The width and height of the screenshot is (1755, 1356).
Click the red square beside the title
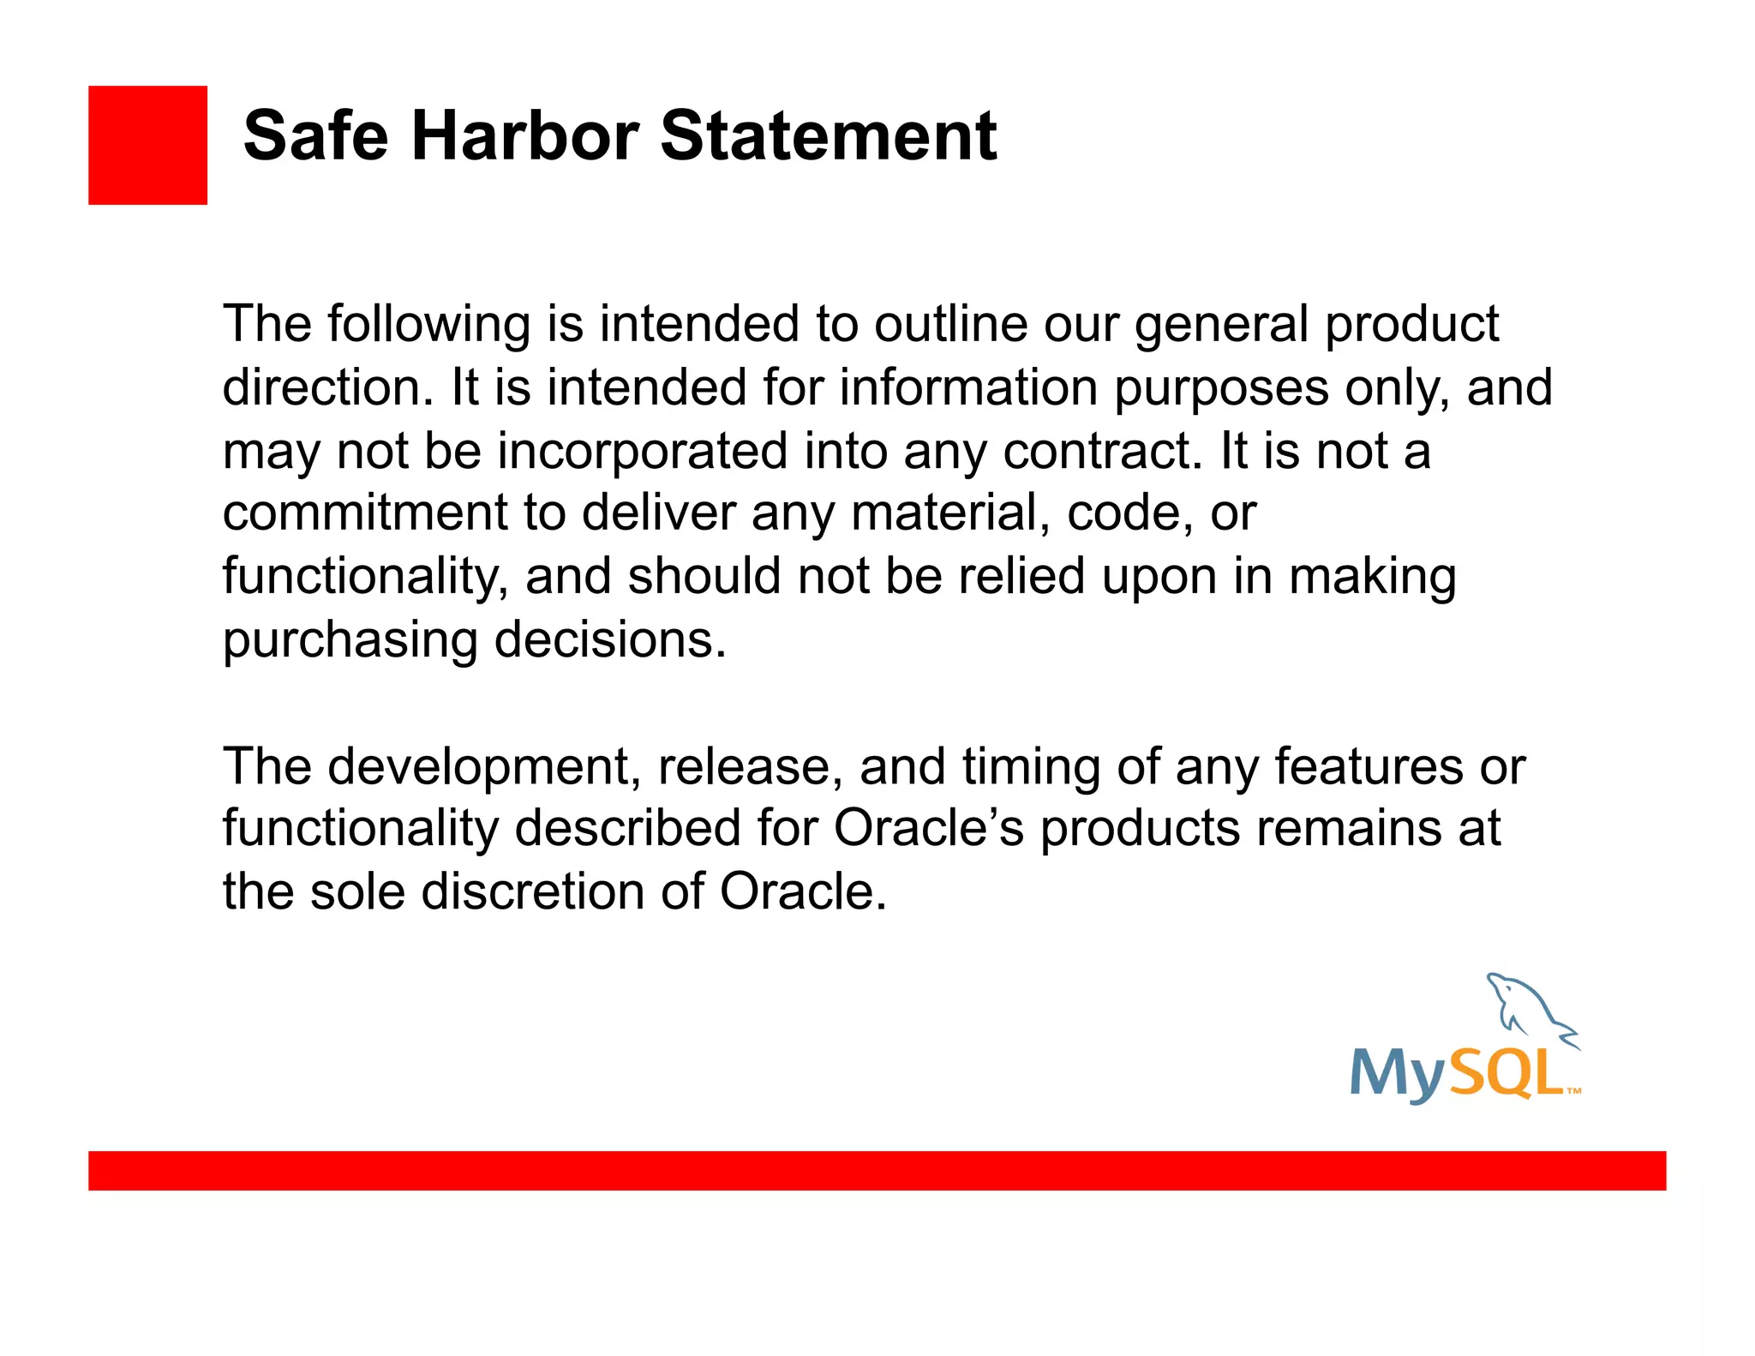point(147,145)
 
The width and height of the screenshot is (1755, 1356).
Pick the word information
point(967,387)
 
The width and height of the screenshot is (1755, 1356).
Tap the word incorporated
point(642,452)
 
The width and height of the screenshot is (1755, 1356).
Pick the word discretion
point(532,891)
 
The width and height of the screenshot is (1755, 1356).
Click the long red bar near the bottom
point(877,1171)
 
